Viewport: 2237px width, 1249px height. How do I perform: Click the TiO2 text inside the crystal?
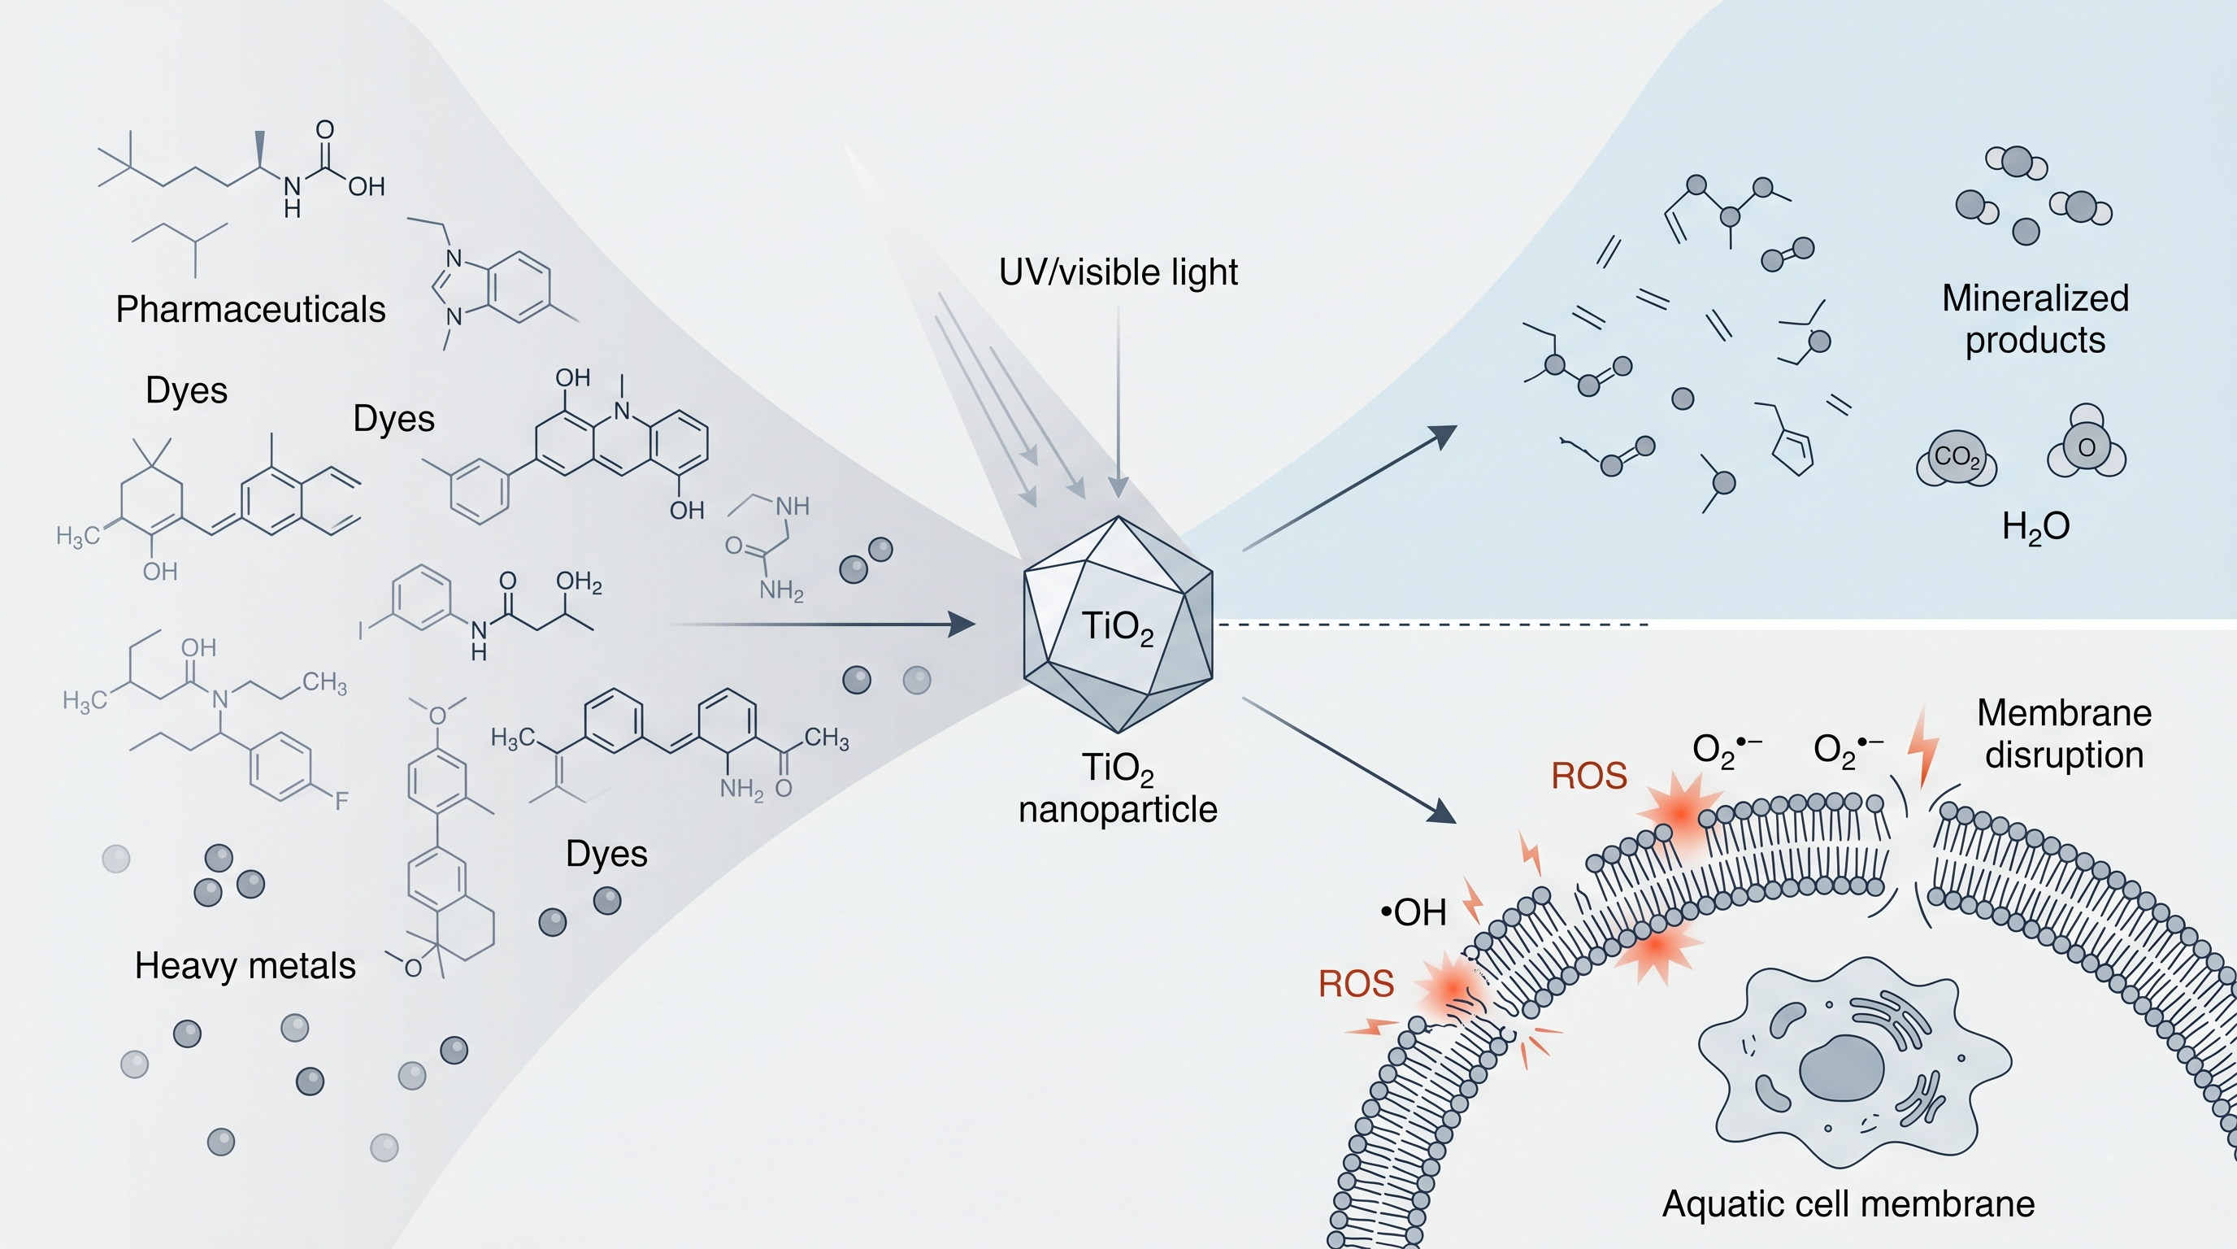pyautogui.click(x=1117, y=626)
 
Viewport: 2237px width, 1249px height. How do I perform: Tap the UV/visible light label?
pyautogui.click(x=1118, y=272)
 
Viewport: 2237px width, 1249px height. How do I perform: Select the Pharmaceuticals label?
pyautogui.click(x=250, y=310)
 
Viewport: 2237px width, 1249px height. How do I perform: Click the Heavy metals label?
pyautogui.click(x=245, y=966)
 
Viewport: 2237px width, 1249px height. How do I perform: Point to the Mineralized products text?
pyautogui.click(x=2035, y=319)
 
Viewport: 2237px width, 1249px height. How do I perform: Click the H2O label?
pyautogui.click(x=2035, y=527)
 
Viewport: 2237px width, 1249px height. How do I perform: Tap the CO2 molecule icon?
pyautogui.click(x=1957, y=458)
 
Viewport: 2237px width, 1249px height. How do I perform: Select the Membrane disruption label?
pyautogui.click(x=2064, y=734)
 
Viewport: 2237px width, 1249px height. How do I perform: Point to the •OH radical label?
pyautogui.click(x=1413, y=913)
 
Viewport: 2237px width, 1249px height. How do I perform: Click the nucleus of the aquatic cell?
pyautogui.click(x=1841, y=1070)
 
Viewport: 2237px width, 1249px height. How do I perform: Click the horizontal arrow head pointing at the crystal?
pyautogui.click(x=962, y=624)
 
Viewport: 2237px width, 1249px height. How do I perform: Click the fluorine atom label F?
pyautogui.click(x=341, y=801)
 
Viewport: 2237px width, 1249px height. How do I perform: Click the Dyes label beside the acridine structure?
pyautogui.click(x=393, y=420)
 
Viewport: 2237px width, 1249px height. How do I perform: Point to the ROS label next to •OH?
pyautogui.click(x=1356, y=985)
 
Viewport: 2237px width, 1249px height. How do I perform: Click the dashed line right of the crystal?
pyautogui.click(x=1433, y=624)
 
